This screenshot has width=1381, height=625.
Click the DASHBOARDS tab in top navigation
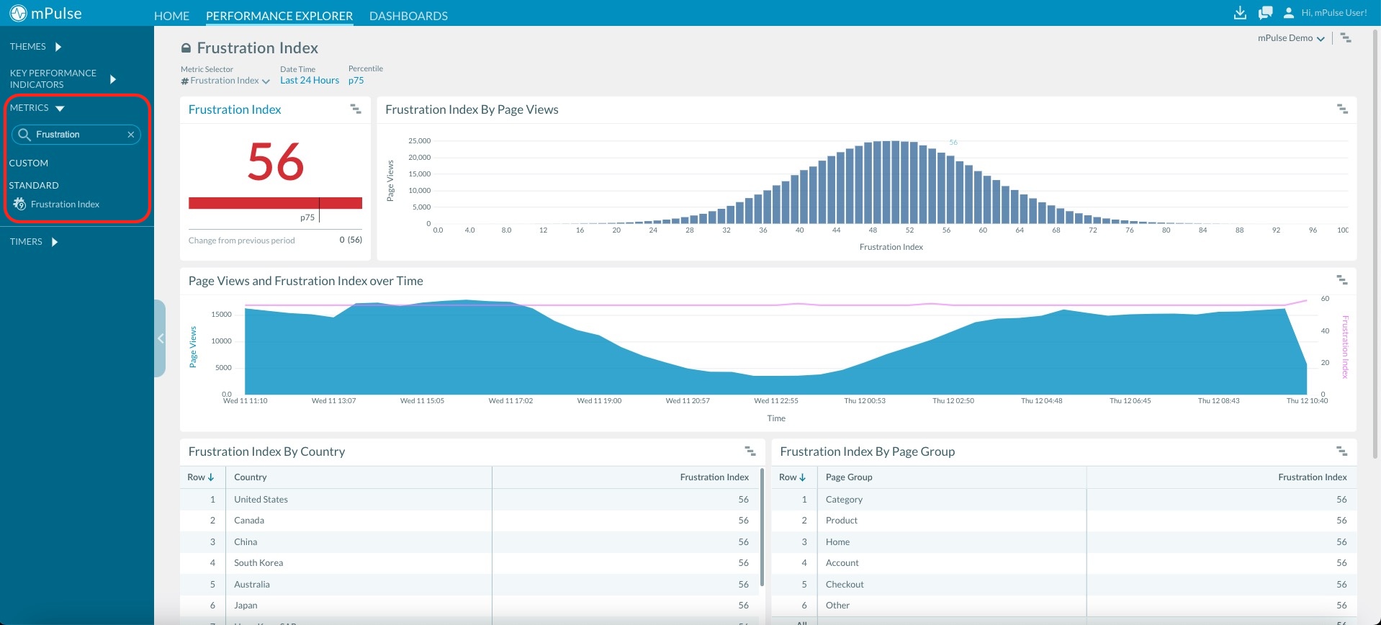(x=408, y=16)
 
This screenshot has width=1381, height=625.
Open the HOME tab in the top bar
(x=171, y=16)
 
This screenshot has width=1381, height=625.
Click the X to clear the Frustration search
(x=131, y=135)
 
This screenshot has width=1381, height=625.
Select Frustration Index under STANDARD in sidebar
(x=65, y=204)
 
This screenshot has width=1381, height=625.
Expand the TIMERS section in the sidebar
(x=33, y=242)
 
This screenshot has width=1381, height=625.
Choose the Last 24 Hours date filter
(x=310, y=81)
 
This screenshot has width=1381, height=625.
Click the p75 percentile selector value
(x=356, y=81)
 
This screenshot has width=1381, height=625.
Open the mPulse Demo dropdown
(x=1290, y=38)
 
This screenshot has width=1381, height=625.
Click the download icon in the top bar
(x=1240, y=13)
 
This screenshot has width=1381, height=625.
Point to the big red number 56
(x=275, y=162)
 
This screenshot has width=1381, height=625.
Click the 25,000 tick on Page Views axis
(x=419, y=141)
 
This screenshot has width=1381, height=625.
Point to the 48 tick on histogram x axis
(x=873, y=230)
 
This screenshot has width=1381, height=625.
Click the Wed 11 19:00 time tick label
(x=599, y=401)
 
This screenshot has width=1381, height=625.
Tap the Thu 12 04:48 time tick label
(x=1041, y=401)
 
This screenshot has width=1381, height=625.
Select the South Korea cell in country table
(x=258, y=563)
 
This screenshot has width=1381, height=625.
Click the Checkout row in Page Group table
(x=845, y=585)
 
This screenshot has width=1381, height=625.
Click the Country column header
(x=250, y=477)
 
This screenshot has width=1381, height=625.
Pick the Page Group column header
(x=848, y=477)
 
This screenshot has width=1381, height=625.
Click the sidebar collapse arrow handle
(x=161, y=338)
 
